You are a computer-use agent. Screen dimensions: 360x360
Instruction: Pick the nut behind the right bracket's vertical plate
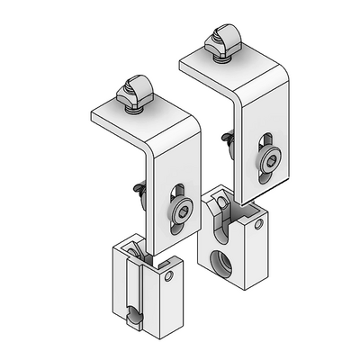(x=227, y=140)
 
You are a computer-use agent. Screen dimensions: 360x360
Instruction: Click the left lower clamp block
(x=144, y=288)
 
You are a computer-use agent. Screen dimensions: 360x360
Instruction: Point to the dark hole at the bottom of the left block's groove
(x=133, y=316)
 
